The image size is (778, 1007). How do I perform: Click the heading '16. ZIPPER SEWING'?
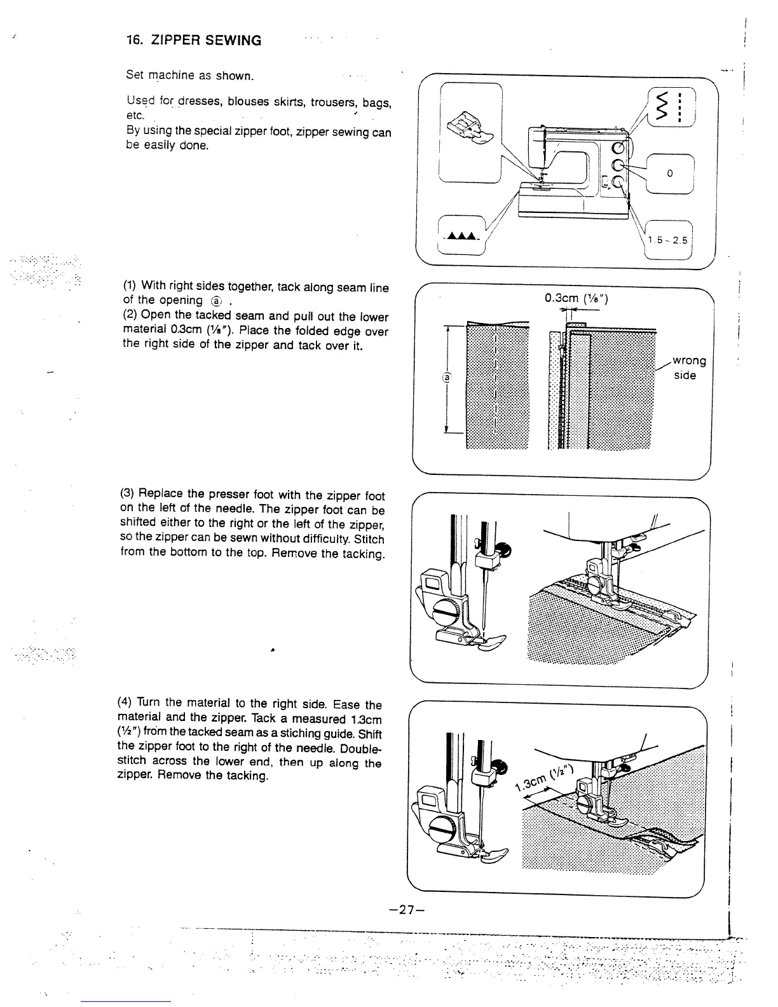point(193,41)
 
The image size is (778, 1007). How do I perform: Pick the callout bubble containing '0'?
point(669,174)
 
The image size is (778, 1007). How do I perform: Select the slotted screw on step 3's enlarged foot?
point(444,615)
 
